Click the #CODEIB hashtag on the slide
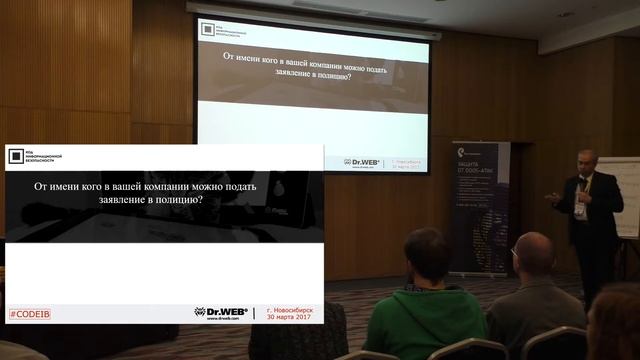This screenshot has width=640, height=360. click(x=30, y=314)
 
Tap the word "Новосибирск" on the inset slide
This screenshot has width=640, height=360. click(x=290, y=308)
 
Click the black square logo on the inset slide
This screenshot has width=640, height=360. click(x=15, y=156)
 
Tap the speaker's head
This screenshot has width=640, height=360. click(x=587, y=162)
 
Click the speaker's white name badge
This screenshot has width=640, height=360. click(x=581, y=211)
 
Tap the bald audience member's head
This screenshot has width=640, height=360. click(x=532, y=256)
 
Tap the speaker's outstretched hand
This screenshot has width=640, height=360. click(x=551, y=197)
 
